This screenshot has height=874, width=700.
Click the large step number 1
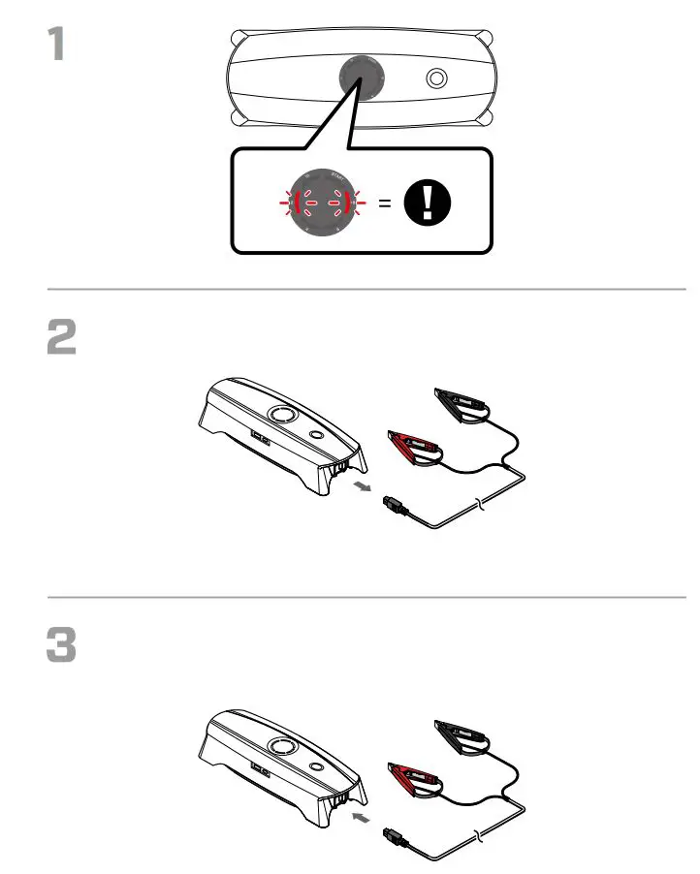(x=57, y=46)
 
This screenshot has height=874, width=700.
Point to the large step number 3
(x=62, y=646)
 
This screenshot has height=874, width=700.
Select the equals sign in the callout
(x=384, y=204)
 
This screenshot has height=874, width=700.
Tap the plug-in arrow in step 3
(x=361, y=819)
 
